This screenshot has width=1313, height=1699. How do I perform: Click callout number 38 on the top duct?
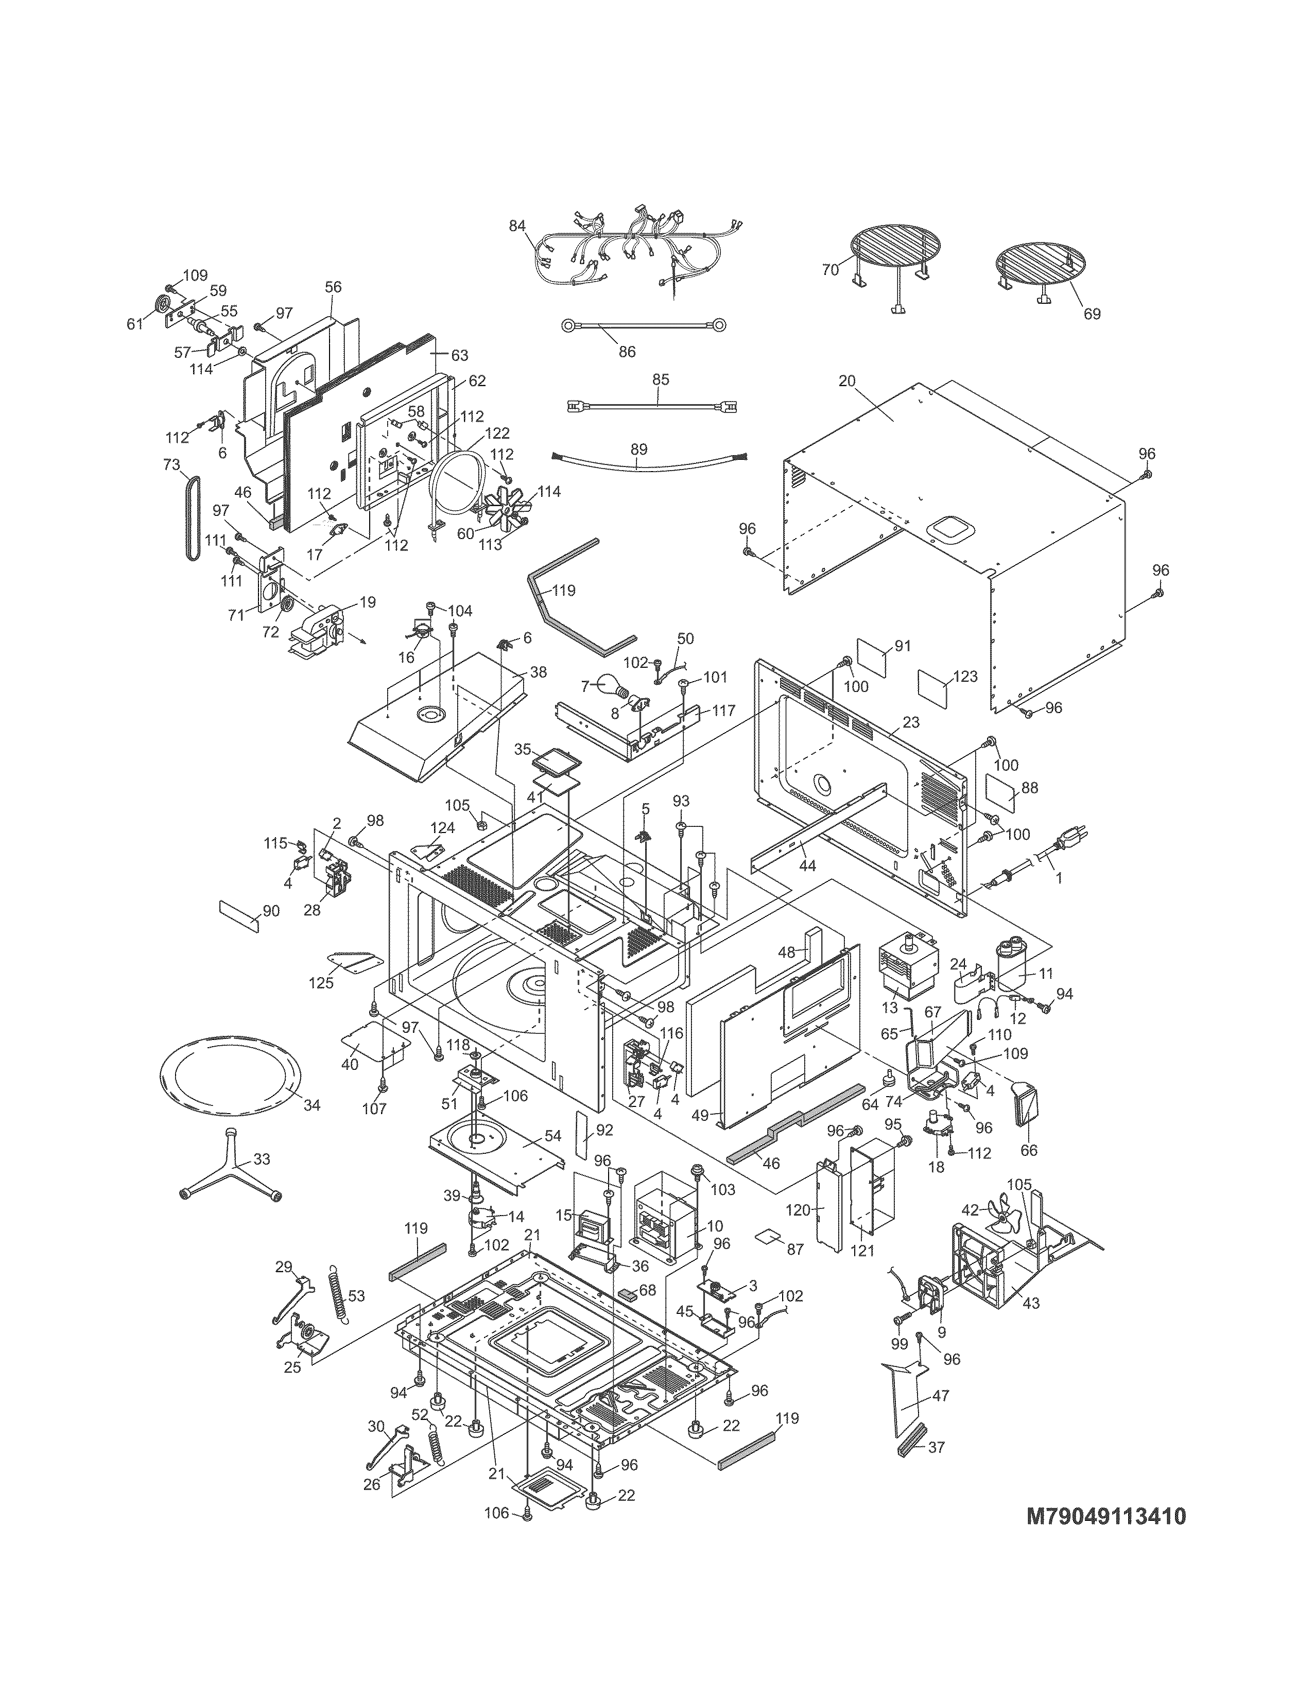click(538, 652)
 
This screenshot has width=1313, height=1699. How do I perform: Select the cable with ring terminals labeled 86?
click(643, 327)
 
